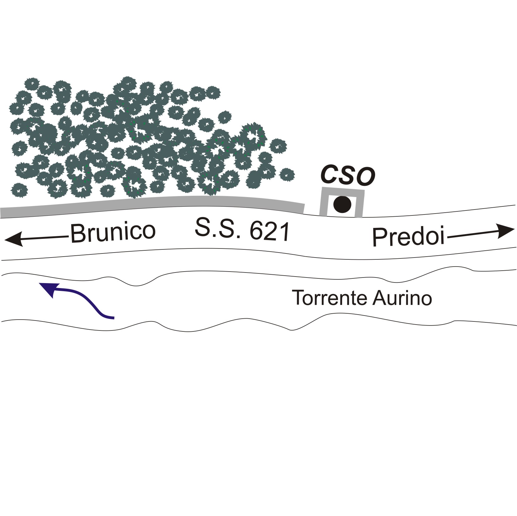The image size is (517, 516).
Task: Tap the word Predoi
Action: pos(408,237)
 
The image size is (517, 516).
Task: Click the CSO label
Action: pos(348,176)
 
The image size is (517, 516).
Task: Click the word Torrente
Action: pos(330,298)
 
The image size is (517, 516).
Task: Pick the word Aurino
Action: pos(402,298)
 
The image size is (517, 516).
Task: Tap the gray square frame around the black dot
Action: pos(342,190)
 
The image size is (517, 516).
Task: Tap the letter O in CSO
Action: pos(365,177)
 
